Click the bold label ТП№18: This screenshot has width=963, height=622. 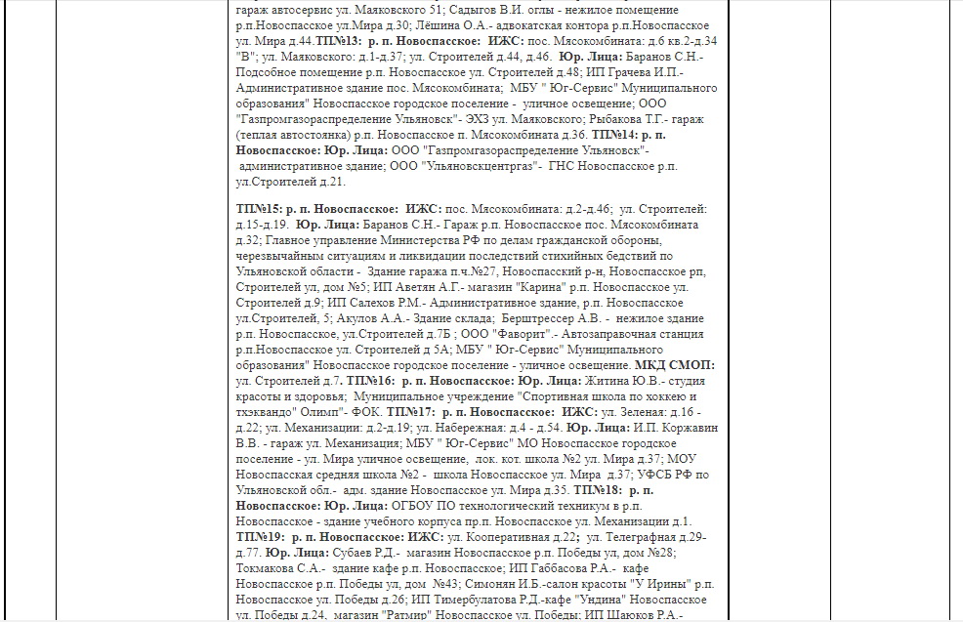598,489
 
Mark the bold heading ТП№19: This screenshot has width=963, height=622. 260,536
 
